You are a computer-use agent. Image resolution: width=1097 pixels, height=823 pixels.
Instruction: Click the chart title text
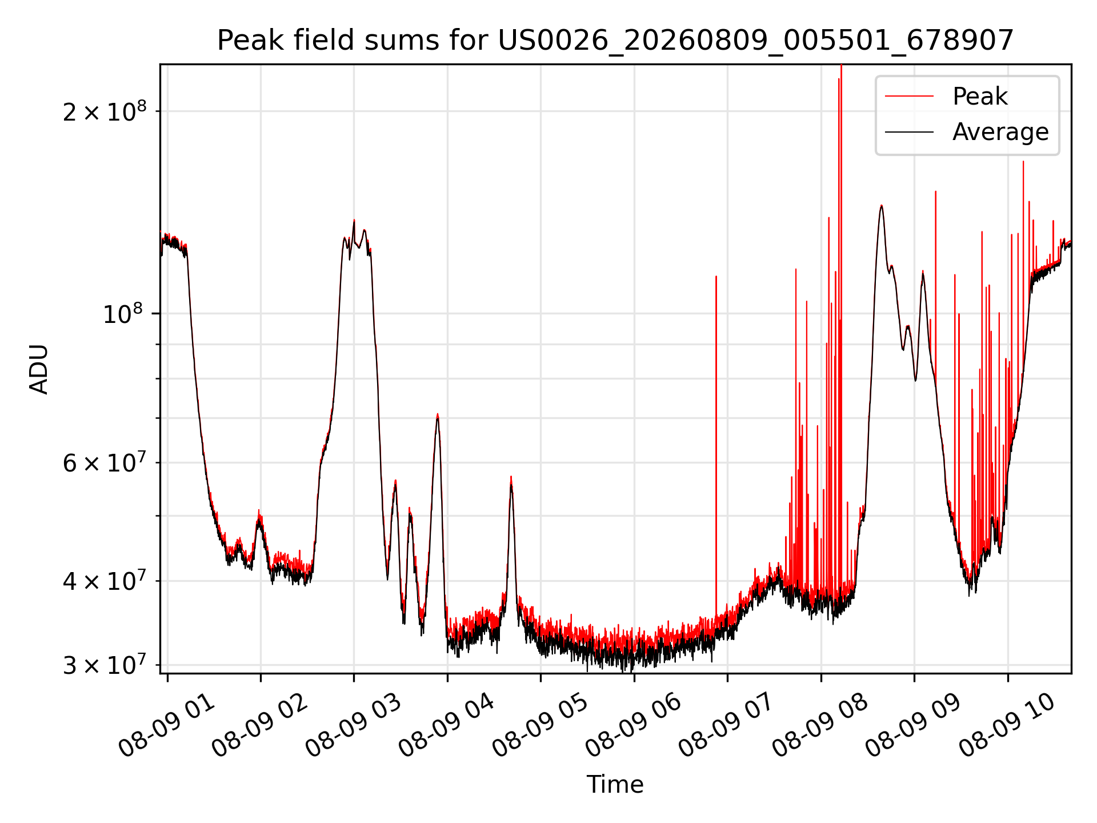pyautogui.click(x=615, y=41)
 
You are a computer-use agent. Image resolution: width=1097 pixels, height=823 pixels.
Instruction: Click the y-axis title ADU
pyautogui.click(x=39, y=369)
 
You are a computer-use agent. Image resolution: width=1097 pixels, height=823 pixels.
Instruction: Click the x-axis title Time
pyautogui.click(x=615, y=785)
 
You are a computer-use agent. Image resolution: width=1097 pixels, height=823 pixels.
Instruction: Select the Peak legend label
pyautogui.click(x=980, y=97)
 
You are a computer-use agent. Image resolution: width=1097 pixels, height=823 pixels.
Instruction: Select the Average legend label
pyautogui.click(x=1000, y=132)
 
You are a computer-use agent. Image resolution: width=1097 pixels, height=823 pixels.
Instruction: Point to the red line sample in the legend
pyautogui.click(x=910, y=97)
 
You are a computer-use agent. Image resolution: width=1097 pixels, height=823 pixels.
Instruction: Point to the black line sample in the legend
pyautogui.click(x=910, y=132)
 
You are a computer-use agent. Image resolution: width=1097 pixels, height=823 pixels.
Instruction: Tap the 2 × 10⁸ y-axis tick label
pyautogui.click(x=104, y=111)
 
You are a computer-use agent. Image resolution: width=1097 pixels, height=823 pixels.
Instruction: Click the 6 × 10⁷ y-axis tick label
pyautogui.click(x=104, y=462)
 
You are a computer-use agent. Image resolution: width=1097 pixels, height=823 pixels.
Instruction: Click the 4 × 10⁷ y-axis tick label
pyautogui.click(x=104, y=581)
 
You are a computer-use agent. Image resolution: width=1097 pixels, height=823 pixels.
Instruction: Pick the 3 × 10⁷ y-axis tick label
pyautogui.click(x=104, y=665)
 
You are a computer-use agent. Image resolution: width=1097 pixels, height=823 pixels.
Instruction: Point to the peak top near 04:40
pyautogui.click(x=511, y=477)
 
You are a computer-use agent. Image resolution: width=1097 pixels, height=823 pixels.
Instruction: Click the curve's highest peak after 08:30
pyautogui.click(x=882, y=206)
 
